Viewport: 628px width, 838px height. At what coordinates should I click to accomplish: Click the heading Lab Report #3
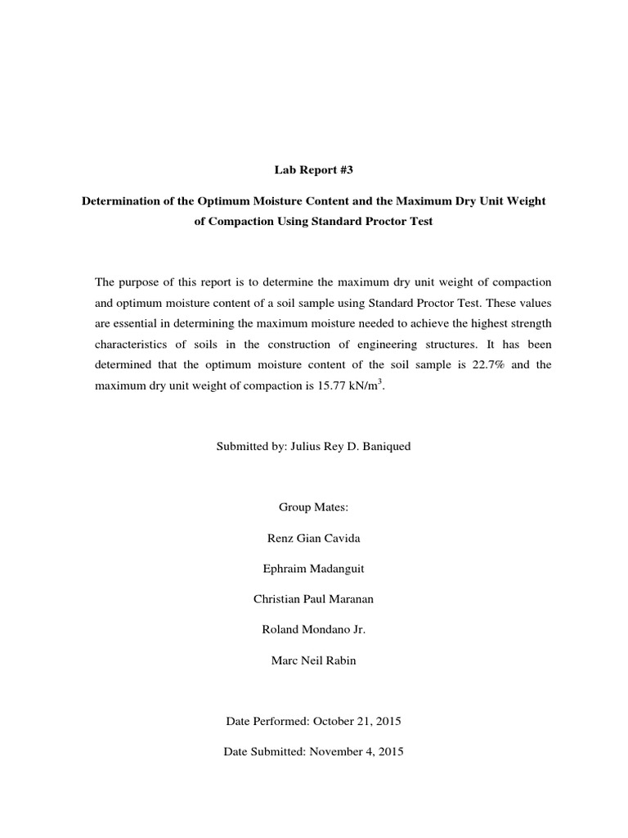pos(313,170)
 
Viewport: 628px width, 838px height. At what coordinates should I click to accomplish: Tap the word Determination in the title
pos(119,200)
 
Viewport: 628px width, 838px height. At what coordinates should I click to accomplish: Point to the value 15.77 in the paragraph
pos(322,386)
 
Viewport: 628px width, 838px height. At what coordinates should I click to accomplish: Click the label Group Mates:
pos(313,507)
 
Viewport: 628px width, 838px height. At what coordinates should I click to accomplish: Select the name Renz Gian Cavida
pos(313,538)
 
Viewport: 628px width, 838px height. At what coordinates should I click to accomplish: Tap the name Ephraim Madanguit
pos(313,569)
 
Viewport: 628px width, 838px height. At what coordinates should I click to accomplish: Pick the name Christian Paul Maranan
pos(313,599)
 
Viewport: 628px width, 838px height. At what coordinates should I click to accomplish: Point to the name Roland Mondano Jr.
pos(313,629)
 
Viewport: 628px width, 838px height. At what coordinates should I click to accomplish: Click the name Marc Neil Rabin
pos(313,660)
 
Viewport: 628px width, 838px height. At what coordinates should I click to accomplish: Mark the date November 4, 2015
pos(358,751)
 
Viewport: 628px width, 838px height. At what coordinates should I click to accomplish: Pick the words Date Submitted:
pos(264,751)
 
